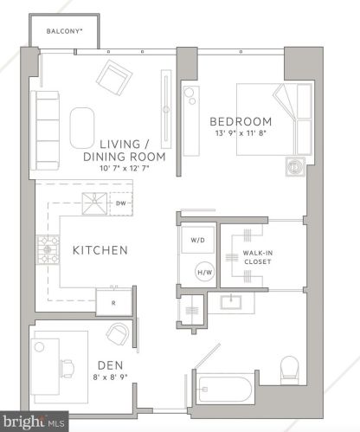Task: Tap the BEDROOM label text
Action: coord(240,121)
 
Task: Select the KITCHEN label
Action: coord(100,250)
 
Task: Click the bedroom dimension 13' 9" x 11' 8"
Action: coord(241,133)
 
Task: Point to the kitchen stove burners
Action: coord(44,249)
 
